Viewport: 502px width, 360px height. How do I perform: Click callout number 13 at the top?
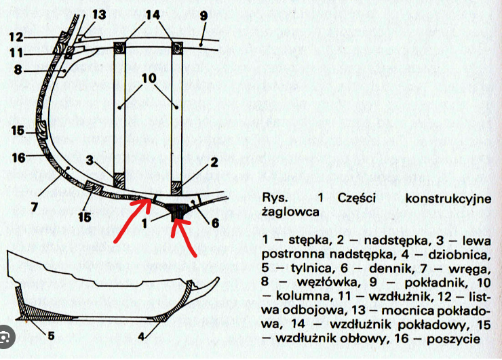click(99, 15)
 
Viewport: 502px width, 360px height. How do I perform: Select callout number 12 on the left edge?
click(16, 37)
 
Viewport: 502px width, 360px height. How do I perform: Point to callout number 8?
click(18, 68)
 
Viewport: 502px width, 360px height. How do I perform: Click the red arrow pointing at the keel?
click(184, 237)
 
